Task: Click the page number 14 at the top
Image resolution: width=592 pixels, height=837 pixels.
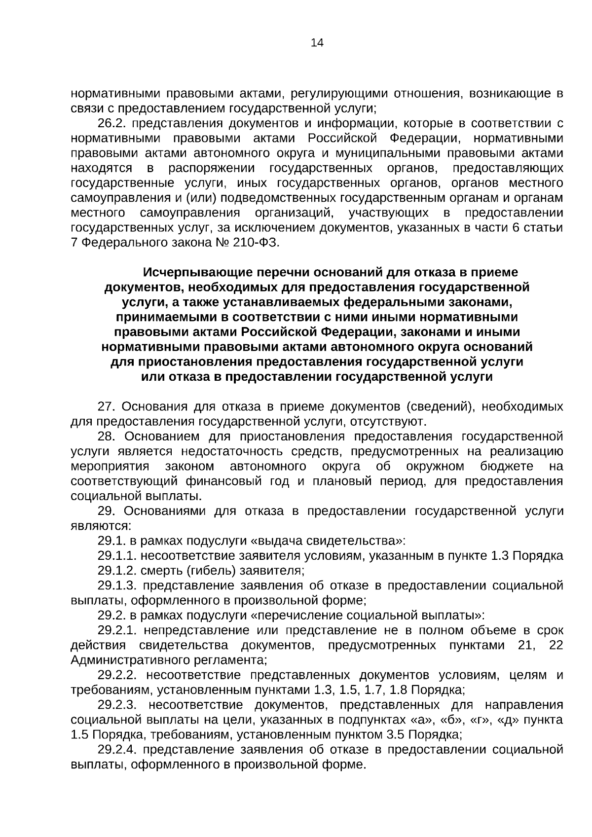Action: point(317,43)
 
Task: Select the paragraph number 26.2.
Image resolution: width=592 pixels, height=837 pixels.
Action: point(111,123)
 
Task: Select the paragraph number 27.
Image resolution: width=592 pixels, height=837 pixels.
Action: point(107,406)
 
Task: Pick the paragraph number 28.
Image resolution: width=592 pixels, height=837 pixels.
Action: point(107,437)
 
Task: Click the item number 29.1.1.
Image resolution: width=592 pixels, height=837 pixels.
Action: point(117,556)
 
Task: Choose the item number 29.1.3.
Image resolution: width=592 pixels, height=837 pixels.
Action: point(117,585)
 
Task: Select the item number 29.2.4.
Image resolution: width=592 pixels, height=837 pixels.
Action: point(118,750)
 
